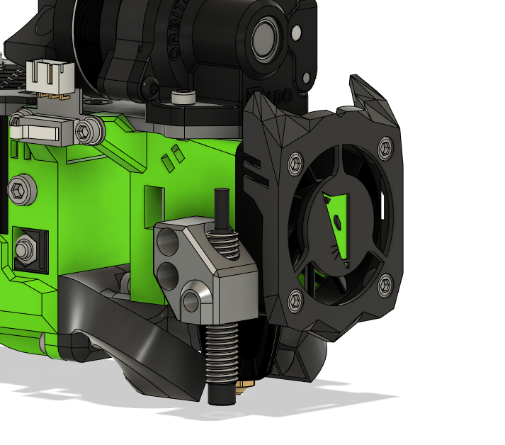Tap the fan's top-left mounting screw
click(294, 164)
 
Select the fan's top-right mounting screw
click(385, 147)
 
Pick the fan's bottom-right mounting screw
click(385, 286)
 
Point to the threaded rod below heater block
click(220, 354)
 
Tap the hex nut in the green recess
click(25, 247)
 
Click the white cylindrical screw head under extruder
click(183, 98)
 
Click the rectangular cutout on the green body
click(154, 203)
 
